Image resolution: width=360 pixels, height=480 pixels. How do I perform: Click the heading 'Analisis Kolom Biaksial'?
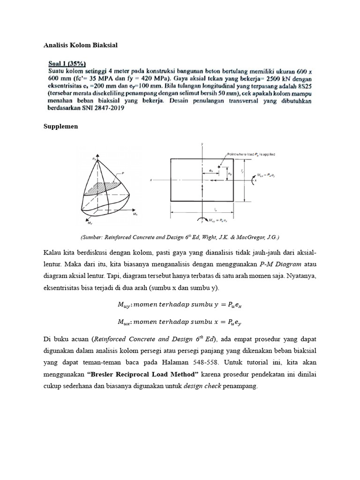[80, 45]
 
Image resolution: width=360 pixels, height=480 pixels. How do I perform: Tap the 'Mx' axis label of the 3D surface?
[135, 214]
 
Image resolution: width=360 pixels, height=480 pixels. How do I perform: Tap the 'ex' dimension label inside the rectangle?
[212, 172]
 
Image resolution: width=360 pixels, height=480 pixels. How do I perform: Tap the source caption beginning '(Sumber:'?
[180, 237]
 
